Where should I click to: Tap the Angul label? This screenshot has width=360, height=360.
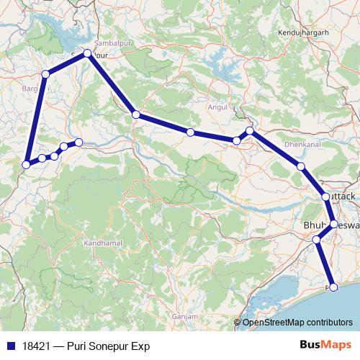coord(217,107)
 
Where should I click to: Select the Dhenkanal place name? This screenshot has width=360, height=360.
coord(282,144)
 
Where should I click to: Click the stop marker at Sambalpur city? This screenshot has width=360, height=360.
coord(87,53)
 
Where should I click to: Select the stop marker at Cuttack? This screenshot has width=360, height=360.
coord(325,196)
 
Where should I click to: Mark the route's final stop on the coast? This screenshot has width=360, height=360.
coord(333,287)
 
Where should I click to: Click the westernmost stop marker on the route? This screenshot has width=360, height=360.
coord(27,164)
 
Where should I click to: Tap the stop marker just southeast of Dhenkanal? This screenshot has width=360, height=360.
coord(301,167)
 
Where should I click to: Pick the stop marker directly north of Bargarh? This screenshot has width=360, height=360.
coord(45,73)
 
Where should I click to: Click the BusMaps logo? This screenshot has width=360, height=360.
coord(322,345)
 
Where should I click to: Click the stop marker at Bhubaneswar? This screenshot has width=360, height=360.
coord(333,222)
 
